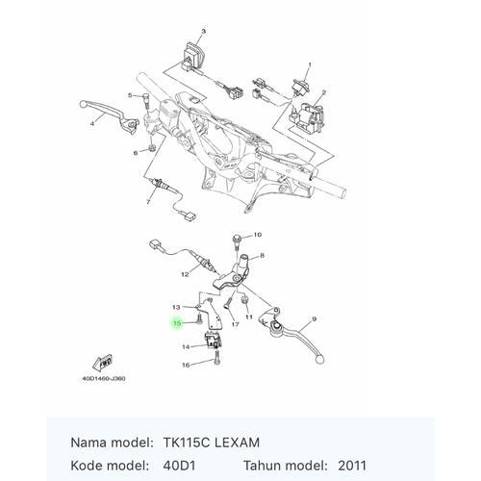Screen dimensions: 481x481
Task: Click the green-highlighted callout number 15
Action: [x=176, y=323]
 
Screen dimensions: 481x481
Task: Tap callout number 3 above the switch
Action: [x=203, y=31]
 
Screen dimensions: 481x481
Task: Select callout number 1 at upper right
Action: [x=310, y=63]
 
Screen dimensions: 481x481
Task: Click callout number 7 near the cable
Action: [x=149, y=203]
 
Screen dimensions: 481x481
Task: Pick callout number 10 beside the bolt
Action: [x=257, y=235]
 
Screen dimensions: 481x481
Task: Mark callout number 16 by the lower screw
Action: [x=185, y=366]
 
